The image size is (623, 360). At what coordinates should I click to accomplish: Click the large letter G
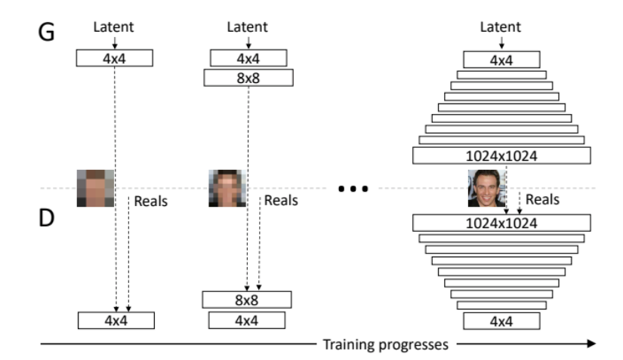(48, 34)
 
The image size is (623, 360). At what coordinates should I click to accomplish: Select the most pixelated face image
(95, 188)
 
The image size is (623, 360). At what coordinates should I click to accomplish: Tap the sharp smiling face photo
(486, 188)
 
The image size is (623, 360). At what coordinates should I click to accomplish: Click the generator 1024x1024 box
(501, 156)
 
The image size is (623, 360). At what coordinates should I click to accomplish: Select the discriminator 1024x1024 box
(501, 223)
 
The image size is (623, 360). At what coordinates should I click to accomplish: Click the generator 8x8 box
(248, 78)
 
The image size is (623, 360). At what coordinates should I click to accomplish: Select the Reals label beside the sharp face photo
(542, 199)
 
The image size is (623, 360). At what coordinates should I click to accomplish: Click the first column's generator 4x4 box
(115, 57)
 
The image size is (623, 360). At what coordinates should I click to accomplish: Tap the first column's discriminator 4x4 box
(116, 320)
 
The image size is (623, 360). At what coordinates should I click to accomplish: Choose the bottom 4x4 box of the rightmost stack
(501, 321)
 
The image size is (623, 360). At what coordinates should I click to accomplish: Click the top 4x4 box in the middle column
(248, 57)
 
